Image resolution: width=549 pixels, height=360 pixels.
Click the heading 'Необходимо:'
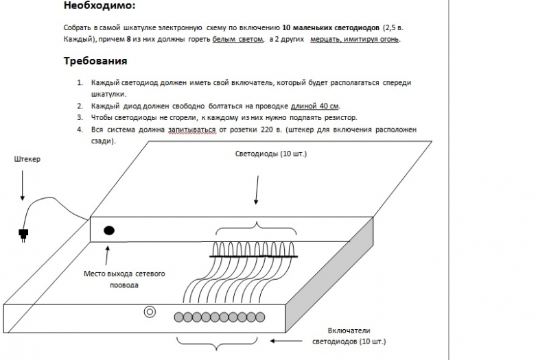pyautogui.click(x=99, y=6)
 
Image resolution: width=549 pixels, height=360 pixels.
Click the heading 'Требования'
pyautogui.click(x=95, y=61)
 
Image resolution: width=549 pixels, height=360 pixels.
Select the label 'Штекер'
pyautogui.click(x=27, y=159)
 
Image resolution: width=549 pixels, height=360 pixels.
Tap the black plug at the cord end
pyautogui.click(x=23, y=233)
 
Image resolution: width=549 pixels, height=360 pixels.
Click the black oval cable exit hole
pyautogui.click(x=109, y=230)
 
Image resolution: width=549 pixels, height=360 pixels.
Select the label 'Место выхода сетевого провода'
pyautogui.click(x=124, y=279)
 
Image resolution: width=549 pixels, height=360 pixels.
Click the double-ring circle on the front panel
pyautogui.click(x=148, y=312)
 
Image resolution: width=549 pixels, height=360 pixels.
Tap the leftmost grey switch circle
pyautogui.click(x=178, y=317)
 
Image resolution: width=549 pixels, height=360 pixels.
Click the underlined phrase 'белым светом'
pyautogui.click(x=237, y=40)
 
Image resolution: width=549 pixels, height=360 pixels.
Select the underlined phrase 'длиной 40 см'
pyautogui.click(x=315, y=106)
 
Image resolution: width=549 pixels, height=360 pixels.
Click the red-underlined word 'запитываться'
pyautogui.click(x=187, y=129)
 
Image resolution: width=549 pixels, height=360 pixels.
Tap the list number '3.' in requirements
pyautogui.click(x=80, y=117)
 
